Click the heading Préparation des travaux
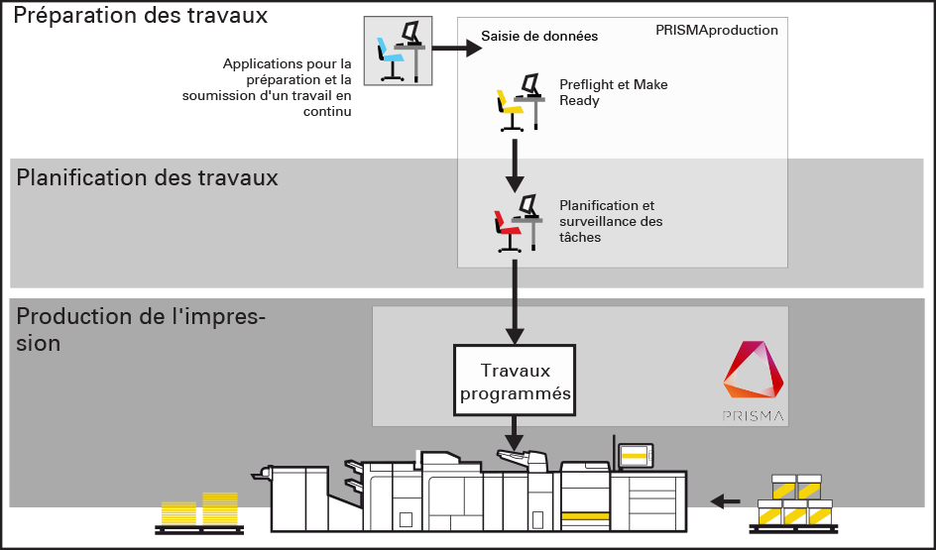pos(141,17)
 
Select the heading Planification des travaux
pos(147,178)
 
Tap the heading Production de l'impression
pos(141,330)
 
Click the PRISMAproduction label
pos(716,31)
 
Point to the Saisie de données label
pos(539,37)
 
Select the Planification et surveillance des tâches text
pos(611,221)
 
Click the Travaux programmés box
pos(514,382)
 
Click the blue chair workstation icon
pos(398,51)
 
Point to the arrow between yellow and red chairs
pos(514,165)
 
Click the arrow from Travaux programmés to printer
pos(514,430)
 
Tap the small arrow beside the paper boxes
pos(727,500)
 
